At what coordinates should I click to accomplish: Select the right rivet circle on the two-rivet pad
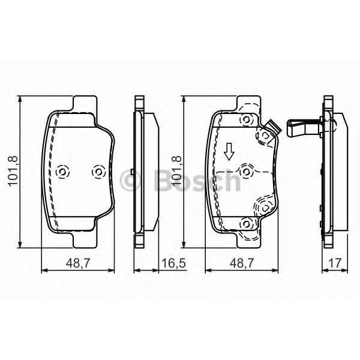click(97, 172)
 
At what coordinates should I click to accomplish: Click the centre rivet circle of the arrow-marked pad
click(245, 172)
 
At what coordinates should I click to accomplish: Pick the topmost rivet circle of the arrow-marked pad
click(245, 121)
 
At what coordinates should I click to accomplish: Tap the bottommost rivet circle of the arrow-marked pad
click(245, 224)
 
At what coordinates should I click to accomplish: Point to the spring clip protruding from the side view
click(305, 128)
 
